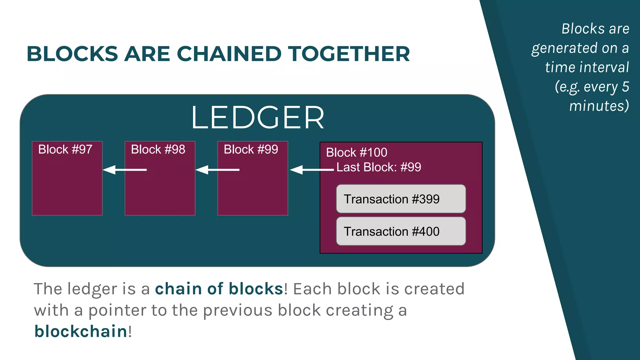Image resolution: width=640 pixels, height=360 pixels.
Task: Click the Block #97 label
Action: pyautogui.click(x=65, y=149)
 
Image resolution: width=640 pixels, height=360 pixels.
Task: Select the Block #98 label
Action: pyautogui.click(x=158, y=149)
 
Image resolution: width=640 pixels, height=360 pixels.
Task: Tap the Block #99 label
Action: pyautogui.click(x=251, y=149)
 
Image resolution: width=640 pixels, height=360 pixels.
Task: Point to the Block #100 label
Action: pyautogui.click(x=357, y=152)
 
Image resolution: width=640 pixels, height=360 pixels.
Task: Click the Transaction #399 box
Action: pyautogui.click(x=401, y=199)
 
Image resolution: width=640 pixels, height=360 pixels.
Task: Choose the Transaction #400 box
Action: pyautogui.click(x=401, y=232)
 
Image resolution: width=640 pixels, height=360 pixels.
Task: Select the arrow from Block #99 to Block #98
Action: pyautogui.click(x=217, y=170)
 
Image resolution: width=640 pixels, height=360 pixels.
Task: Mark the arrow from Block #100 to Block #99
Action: pyautogui.click(x=312, y=170)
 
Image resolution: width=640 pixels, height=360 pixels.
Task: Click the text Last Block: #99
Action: pyautogui.click(x=378, y=167)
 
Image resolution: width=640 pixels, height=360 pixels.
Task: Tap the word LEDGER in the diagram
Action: pyautogui.click(x=257, y=117)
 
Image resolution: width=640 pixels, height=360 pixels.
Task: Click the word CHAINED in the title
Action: pyautogui.click(x=229, y=54)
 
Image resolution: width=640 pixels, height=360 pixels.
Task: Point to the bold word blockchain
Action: pyautogui.click(x=81, y=331)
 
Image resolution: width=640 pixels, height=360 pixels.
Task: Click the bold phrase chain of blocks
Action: pyautogui.click(x=219, y=289)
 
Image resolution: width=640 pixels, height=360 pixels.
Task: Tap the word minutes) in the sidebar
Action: pyautogui.click(x=599, y=106)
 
